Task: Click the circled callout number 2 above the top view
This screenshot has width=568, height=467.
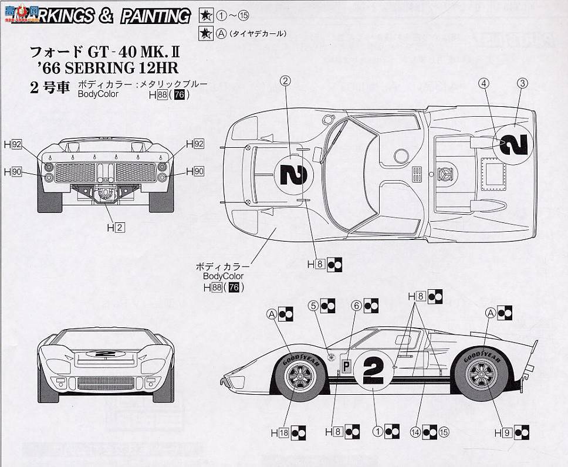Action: click(x=286, y=82)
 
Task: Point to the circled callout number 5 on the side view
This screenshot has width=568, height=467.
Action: click(x=314, y=306)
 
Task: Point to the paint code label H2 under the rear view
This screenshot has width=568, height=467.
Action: click(x=115, y=228)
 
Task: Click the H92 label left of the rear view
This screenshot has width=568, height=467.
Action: click(x=12, y=143)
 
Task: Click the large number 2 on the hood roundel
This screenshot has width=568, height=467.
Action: click(x=293, y=174)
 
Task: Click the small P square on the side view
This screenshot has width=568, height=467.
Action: click(x=347, y=365)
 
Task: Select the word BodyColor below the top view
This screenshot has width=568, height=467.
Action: click(x=222, y=276)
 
